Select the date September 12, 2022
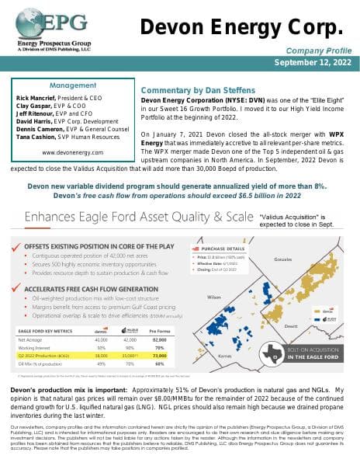pyautogui.click(x=303, y=63)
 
